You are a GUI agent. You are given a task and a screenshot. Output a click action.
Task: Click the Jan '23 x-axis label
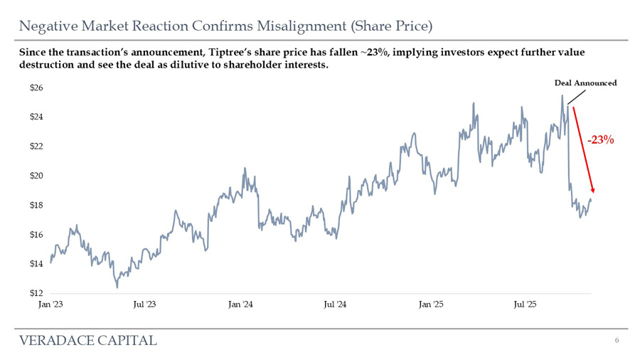click(x=50, y=305)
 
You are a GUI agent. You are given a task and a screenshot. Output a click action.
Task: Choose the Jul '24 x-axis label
click(x=335, y=305)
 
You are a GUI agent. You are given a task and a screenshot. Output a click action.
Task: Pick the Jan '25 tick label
click(x=431, y=305)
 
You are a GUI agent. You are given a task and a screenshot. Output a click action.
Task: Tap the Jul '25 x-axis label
click(x=526, y=305)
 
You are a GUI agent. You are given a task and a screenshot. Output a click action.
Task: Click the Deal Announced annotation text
click(x=585, y=83)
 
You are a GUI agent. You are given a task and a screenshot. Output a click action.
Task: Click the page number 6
click(x=617, y=340)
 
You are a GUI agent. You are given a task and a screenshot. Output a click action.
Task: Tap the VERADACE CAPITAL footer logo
click(x=88, y=340)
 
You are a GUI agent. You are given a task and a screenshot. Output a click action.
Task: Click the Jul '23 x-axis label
click(x=144, y=305)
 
